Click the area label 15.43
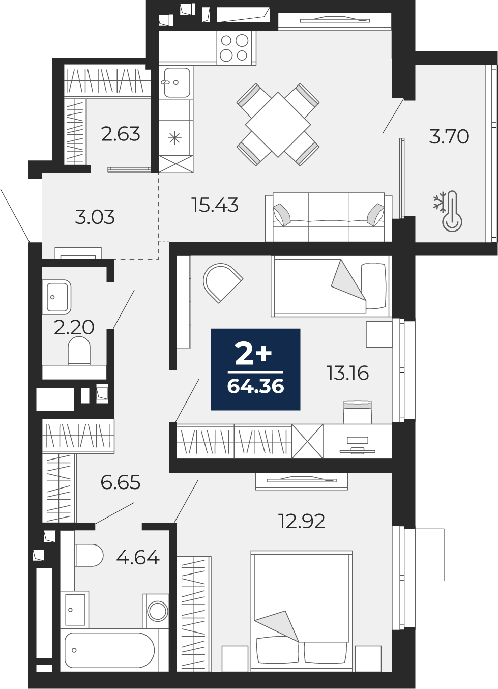tap(215, 205)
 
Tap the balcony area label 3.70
tap(449, 137)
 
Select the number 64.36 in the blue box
tap(255, 387)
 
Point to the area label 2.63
tap(121, 134)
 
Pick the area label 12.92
tap(302, 521)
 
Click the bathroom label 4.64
tap(138, 558)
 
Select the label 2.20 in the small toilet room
tap(74, 327)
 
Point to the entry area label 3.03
tap(95, 217)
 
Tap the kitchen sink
tap(177, 82)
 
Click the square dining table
tap(278, 125)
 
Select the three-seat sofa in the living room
tap(329, 217)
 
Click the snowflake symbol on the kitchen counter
tap(174, 137)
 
